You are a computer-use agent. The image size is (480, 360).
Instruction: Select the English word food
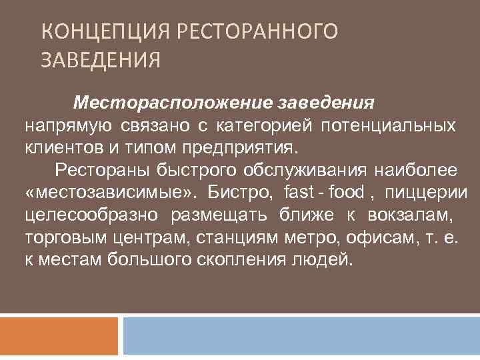pos(339,192)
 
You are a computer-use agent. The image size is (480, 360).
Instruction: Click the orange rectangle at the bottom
pos(59,335)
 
